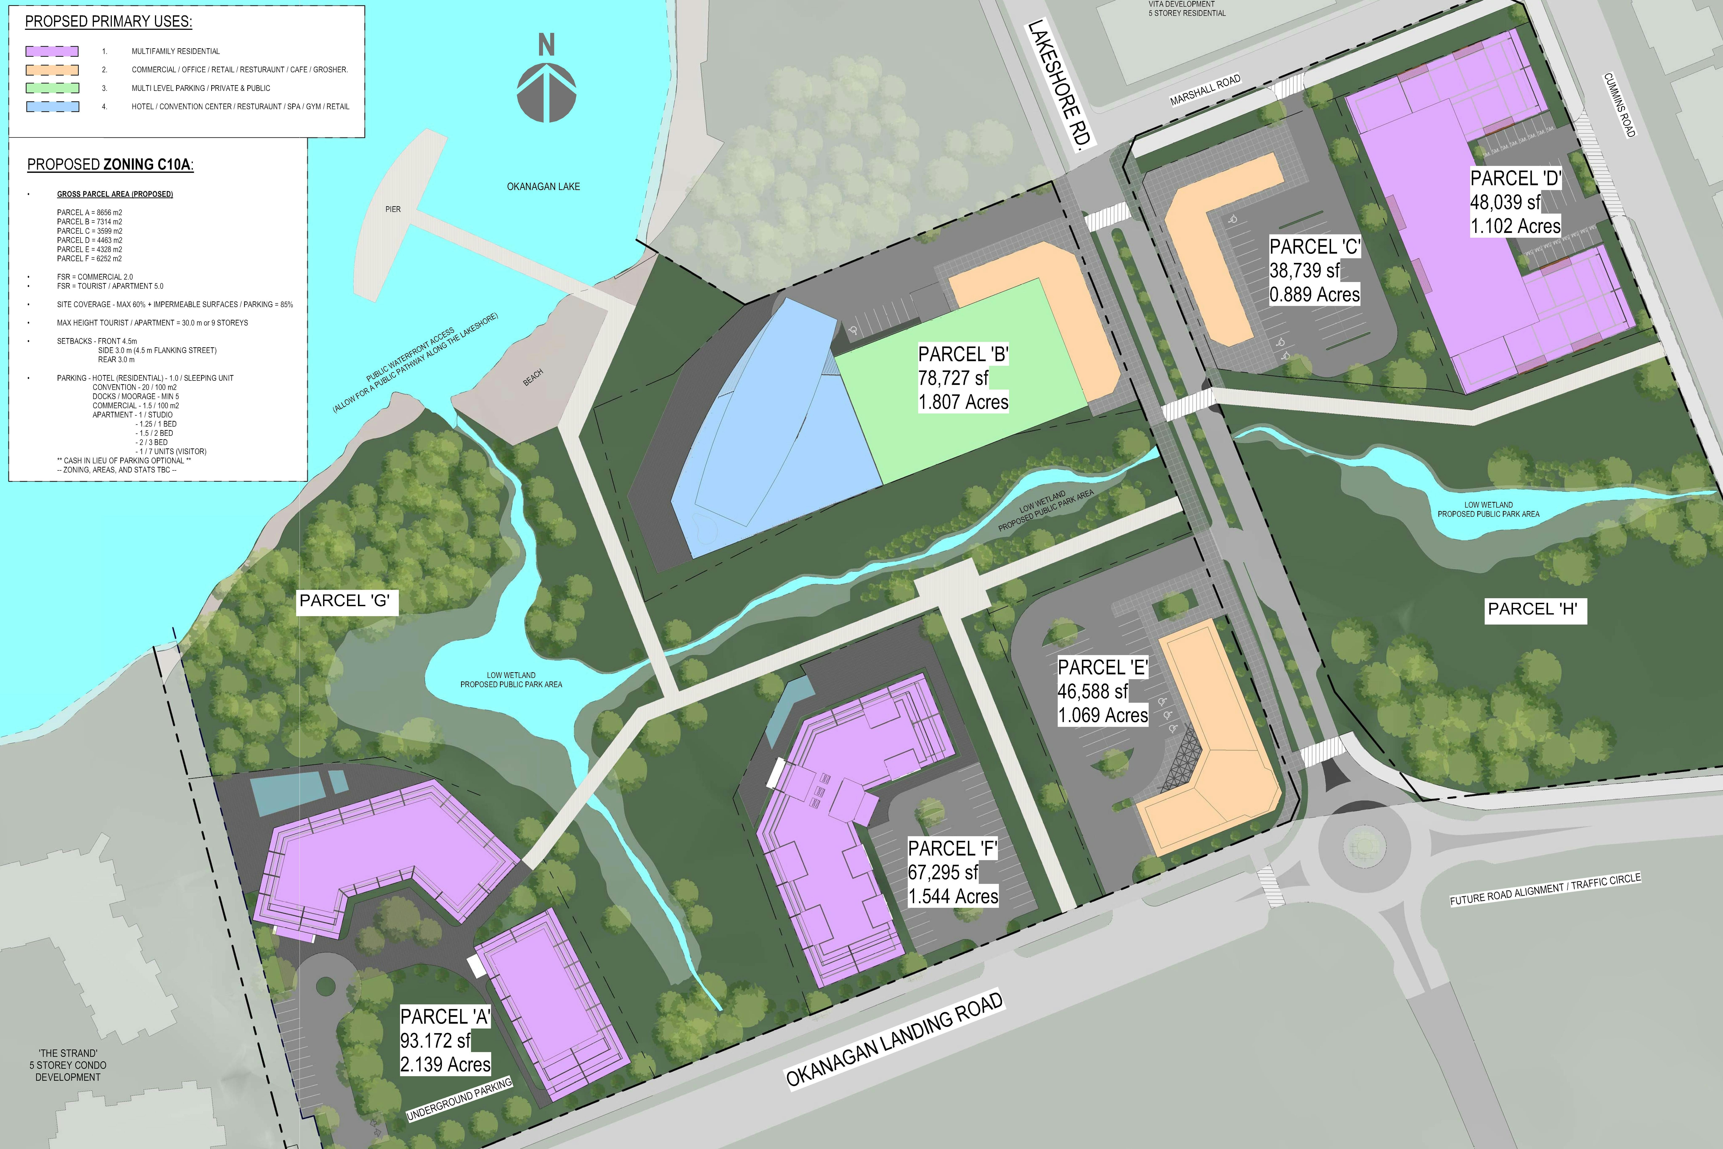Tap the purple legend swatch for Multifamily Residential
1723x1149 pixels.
[x=52, y=51]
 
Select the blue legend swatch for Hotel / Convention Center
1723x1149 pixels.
[x=52, y=106]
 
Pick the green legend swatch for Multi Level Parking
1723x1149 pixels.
[x=52, y=88]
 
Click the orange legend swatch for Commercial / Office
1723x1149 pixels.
[x=52, y=70]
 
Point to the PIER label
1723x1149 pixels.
[x=393, y=210]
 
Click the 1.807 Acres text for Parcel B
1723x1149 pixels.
[x=963, y=402]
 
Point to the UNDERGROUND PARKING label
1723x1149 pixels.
[x=459, y=1099]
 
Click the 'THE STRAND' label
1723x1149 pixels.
[x=68, y=1053]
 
